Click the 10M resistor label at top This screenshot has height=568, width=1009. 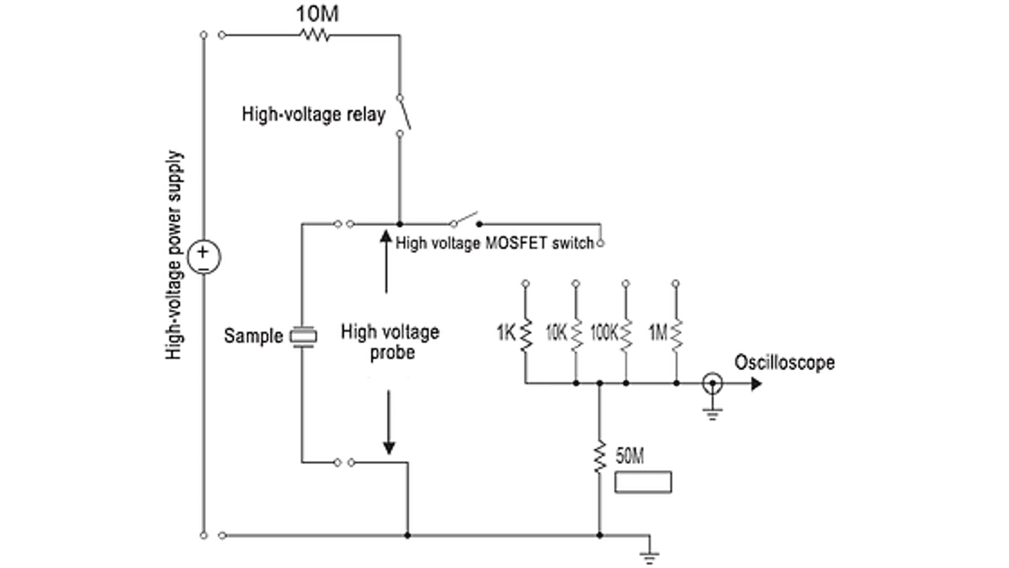click(317, 14)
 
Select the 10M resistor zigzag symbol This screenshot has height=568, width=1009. click(315, 35)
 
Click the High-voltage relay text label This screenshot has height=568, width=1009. click(314, 114)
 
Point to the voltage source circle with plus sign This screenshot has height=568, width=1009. click(204, 257)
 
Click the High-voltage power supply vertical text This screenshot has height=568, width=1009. click(174, 256)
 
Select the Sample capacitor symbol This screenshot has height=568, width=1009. click(303, 337)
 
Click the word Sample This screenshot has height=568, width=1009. click(253, 336)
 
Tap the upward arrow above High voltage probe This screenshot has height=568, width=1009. click(386, 260)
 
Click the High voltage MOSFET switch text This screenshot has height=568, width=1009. click(495, 243)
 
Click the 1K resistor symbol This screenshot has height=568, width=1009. click(526, 335)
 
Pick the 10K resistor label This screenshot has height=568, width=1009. click(556, 332)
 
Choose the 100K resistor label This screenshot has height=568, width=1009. click(604, 332)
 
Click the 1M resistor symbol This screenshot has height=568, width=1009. click(676, 335)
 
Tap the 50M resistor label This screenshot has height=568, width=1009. click(630, 455)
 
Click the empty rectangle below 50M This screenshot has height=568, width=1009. click(643, 482)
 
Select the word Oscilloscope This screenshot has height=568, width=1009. click(784, 362)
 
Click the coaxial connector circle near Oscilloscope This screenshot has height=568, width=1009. click(712, 383)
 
